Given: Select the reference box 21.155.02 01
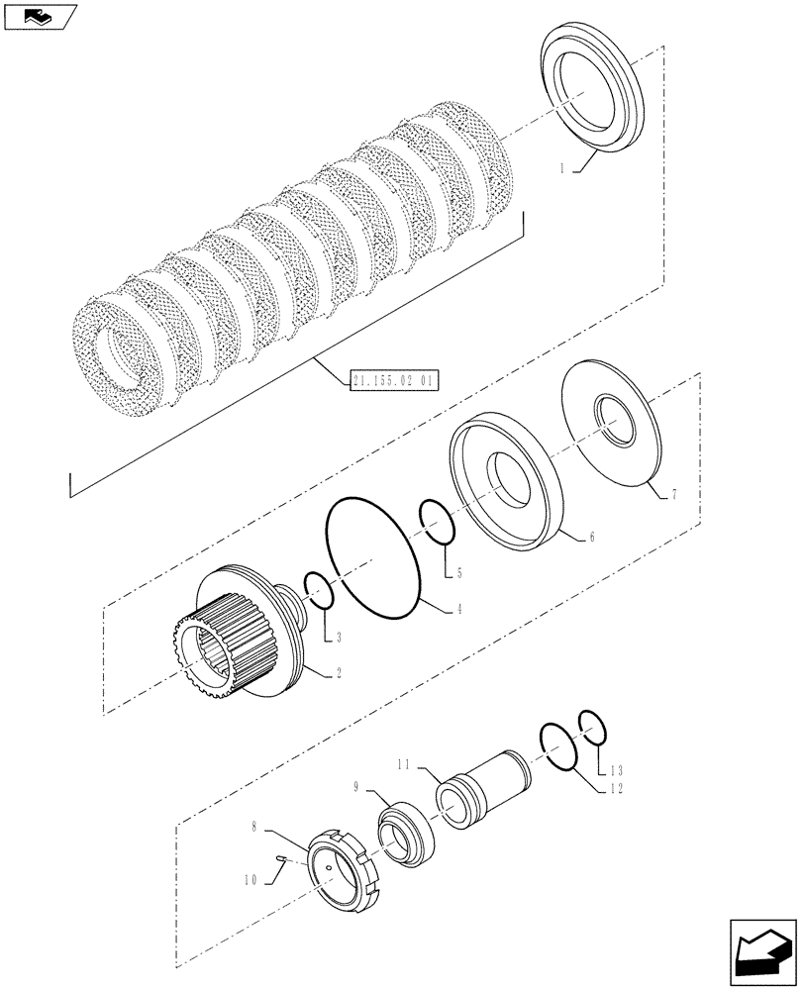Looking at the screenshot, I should click(x=394, y=379).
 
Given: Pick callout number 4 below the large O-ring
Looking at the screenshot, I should click(x=459, y=610).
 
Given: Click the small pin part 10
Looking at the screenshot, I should click(x=282, y=859).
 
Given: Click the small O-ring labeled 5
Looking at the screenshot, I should click(x=438, y=523).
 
